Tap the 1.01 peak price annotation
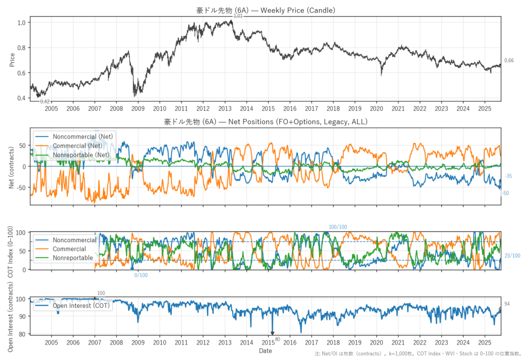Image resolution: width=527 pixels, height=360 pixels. [238, 16]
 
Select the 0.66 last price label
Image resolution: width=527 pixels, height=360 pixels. [508, 61]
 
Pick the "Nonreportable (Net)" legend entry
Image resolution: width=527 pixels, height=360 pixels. [81, 155]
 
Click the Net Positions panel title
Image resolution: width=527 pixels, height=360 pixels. [265, 122]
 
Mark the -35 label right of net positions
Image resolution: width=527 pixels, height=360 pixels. [508, 176]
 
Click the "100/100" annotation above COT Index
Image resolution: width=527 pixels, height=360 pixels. [338, 227]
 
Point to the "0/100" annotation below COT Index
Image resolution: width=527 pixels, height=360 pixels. [140, 275]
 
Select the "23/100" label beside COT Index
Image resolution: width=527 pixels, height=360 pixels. [512, 256]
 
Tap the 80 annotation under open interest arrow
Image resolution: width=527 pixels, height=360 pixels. [277, 339]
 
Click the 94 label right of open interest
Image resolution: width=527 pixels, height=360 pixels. [507, 304]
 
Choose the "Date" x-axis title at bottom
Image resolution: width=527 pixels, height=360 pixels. [266, 351]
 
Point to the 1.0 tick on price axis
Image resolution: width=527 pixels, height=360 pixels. [21, 23]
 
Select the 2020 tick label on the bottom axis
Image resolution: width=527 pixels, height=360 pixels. [376, 342]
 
